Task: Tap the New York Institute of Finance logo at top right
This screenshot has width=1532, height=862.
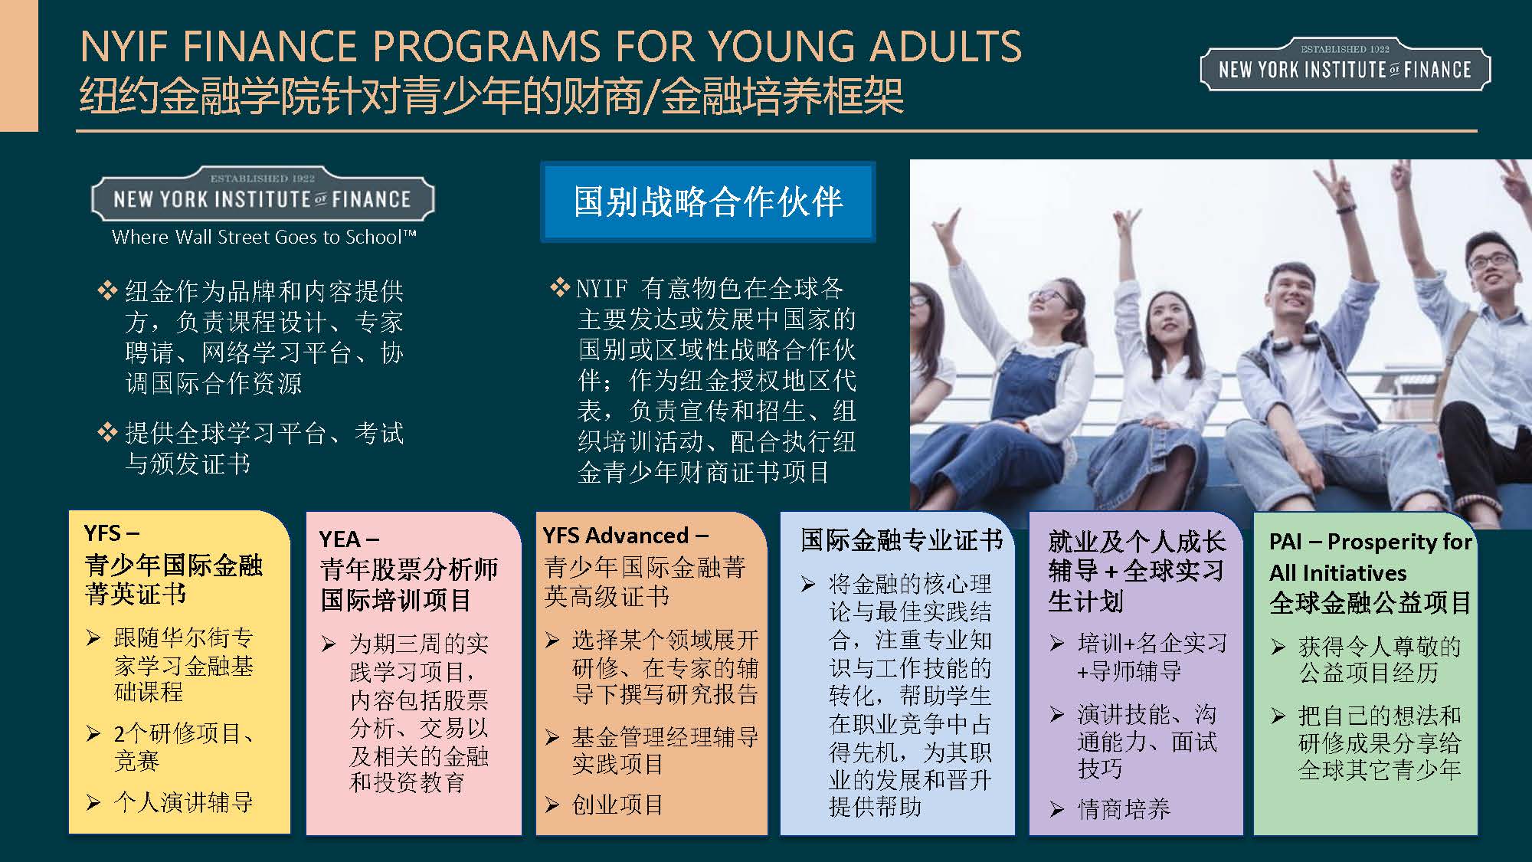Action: coord(1345,65)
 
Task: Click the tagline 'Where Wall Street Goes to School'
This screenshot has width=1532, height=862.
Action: coord(264,237)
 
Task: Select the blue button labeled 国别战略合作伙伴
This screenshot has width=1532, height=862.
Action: coord(708,202)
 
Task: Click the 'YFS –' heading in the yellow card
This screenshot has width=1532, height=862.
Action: coord(112,533)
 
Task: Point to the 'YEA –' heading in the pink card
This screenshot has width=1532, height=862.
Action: coord(349,539)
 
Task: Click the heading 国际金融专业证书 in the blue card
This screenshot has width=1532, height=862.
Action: coord(902,540)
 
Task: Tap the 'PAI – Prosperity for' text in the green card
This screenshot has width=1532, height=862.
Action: coord(1370,542)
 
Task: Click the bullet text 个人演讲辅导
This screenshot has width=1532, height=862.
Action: coord(184,802)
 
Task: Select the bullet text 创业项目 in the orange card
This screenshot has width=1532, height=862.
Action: coord(618,805)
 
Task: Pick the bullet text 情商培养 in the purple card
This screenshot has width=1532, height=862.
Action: coord(1124,809)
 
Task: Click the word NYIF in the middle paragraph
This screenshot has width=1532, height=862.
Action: coord(602,289)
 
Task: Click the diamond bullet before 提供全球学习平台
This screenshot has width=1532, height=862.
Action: coord(106,432)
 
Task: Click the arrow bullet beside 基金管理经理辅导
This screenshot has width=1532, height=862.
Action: coord(552,737)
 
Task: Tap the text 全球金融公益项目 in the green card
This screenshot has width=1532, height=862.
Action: coord(1370,603)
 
